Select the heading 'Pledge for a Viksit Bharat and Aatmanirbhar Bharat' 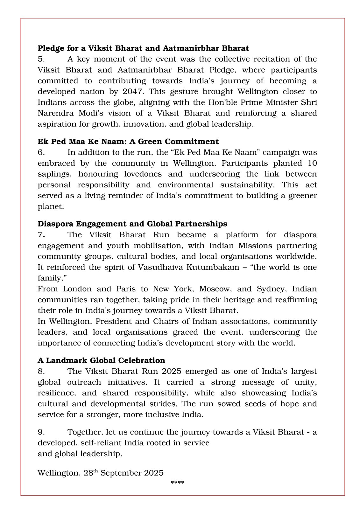pyautogui.click(x=143, y=48)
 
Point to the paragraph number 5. pyautogui.click(x=41, y=59)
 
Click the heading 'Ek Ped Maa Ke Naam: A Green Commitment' pyautogui.click(x=128, y=142)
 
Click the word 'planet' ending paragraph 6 pyautogui.click(x=50, y=206)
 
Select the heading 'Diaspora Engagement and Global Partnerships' pyautogui.click(x=132, y=224)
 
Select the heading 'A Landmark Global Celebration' pyautogui.click(x=101, y=360)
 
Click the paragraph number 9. pyautogui.click(x=41, y=432)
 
